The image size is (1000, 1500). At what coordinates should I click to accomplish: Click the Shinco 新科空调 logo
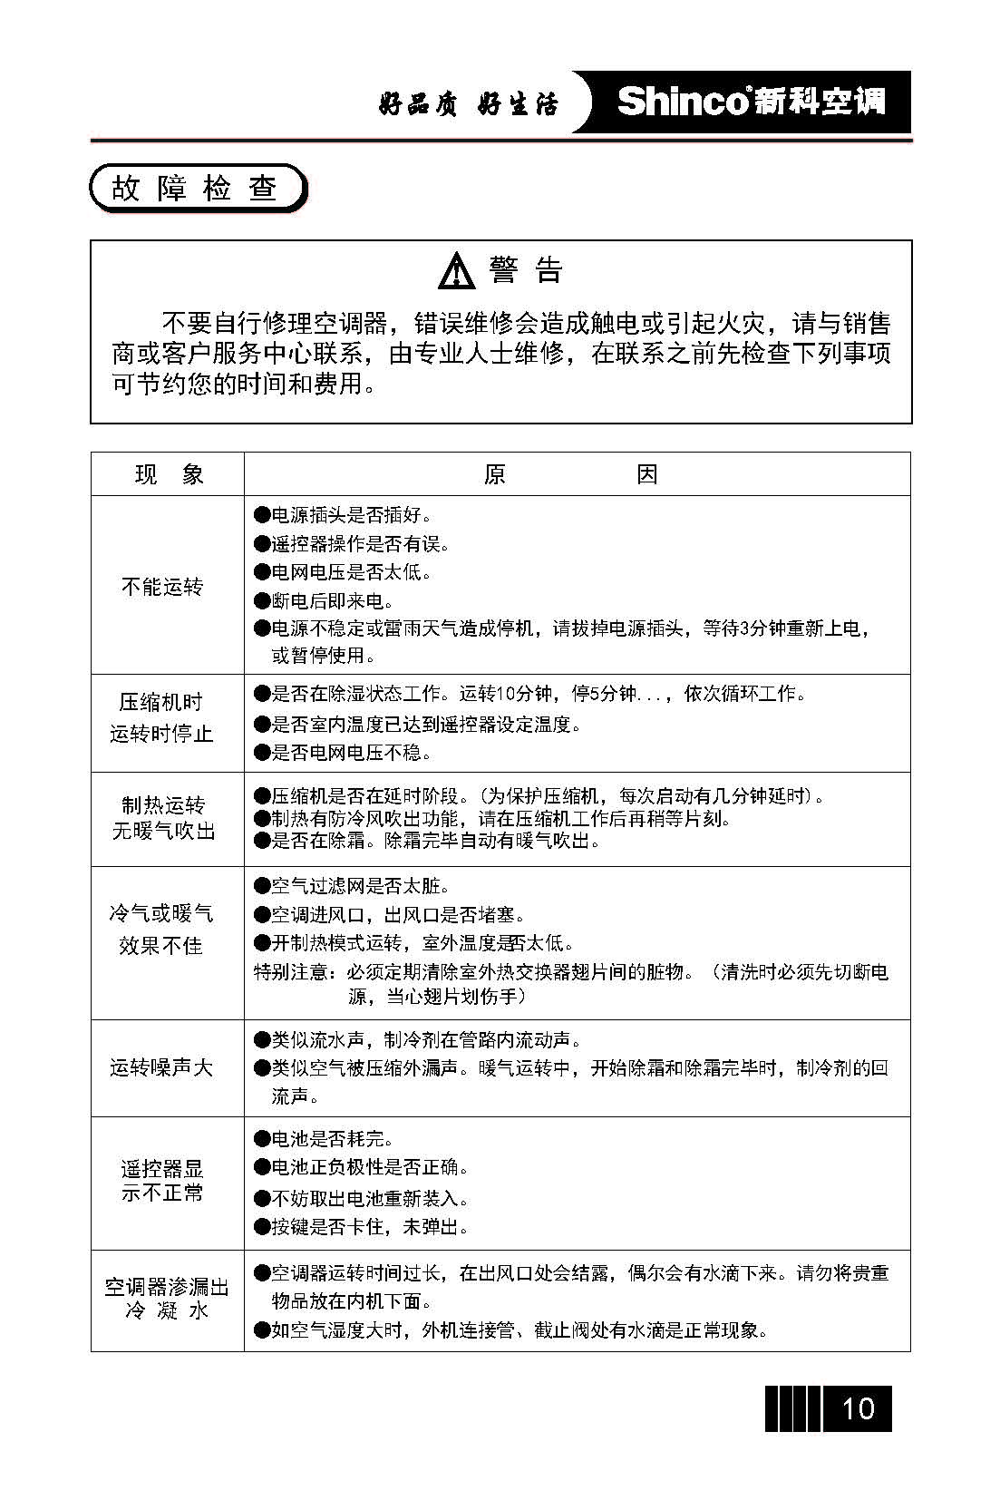click(x=751, y=102)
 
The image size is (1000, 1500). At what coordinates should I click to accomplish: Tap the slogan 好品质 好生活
click(x=468, y=104)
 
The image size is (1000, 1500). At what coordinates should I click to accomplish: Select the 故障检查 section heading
click(x=195, y=189)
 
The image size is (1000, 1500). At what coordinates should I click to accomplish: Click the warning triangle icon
click(x=456, y=271)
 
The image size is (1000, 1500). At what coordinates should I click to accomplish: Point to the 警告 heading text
click(x=526, y=270)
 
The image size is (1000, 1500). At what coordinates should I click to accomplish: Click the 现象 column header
click(x=169, y=474)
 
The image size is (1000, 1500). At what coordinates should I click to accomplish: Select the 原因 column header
click(x=570, y=474)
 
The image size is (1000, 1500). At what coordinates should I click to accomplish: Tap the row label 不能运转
click(x=162, y=587)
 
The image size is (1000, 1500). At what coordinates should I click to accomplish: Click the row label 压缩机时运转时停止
click(x=162, y=717)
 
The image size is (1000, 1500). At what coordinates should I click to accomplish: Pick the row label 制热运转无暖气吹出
click(x=164, y=818)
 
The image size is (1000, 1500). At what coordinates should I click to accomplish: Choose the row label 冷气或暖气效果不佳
click(x=161, y=930)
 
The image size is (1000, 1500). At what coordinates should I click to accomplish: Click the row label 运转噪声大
click(x=161, y=1067)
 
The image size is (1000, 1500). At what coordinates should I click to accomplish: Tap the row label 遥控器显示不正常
click(x=163, y=1181)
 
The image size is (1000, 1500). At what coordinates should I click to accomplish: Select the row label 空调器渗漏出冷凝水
click(x=167, y=1299)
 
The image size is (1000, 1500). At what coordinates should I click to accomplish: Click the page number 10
click(x=858, y=1408)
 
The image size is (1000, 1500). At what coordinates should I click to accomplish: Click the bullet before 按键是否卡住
click(x=262, y=1227)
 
